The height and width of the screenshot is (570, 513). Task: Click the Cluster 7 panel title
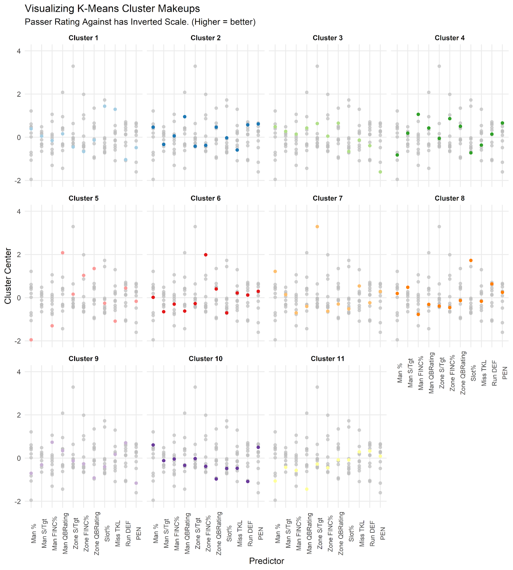click(327, 198)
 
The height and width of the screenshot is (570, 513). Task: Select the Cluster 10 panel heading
click(206, 359)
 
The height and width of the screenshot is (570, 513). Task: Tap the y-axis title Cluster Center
click(8, 276)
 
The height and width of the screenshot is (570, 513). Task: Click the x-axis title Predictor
click(266, 561)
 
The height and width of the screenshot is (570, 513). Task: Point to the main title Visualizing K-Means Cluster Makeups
click(112, 9)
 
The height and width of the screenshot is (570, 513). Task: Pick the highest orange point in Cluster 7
click(317, 227)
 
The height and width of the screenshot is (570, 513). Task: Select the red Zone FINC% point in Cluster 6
click(206, 255)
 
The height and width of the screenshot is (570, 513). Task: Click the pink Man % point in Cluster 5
click(31, 340)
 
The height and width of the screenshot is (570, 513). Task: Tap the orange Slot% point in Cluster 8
click(471, 260)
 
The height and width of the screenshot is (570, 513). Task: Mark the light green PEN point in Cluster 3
click(380, 172)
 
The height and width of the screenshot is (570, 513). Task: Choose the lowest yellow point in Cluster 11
click(307, 489)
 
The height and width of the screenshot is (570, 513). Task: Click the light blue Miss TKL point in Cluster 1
click(115, 109)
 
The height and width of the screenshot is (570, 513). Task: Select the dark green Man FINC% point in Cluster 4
click(418, 114)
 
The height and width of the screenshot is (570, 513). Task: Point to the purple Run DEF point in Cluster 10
click(248, 481)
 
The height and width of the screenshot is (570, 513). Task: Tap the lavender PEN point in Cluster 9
click(136, 483)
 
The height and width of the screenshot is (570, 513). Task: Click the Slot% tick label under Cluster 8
click(473, 373)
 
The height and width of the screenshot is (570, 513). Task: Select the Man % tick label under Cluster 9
click(34, 533)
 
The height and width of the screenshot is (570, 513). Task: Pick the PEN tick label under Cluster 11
click(383, 533)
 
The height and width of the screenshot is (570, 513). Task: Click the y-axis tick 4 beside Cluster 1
click(19, 51)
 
